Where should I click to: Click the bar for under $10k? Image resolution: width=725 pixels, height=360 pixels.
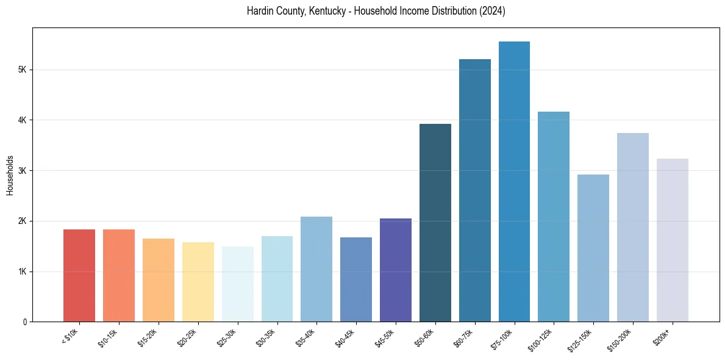pyautogui.click(x=79, y=276)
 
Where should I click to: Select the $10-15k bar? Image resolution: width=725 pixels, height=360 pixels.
pyautogui.click(x=119, y=276)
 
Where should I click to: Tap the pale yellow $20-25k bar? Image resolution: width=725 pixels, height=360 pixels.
pyautogui.click(x=198, y=282)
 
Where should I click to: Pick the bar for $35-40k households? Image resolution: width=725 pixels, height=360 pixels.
pyautogui.click(x=316, y=269)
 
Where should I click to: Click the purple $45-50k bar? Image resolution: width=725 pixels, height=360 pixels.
pyautogui.click(x=396, y=270)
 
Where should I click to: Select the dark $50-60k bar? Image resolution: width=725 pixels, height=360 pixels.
pyautogui.click(x=435, y=223)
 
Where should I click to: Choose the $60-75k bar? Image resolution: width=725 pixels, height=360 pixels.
pyautogui.click(x=475, y=190)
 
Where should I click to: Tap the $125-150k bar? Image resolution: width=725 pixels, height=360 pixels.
pyautogui.click(x=593, y=248)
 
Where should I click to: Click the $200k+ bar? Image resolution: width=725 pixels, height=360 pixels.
pyautogui.click(x=673, y=240)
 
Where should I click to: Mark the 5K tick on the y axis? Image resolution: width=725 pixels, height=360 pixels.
pyautogui.click(x=22, y=70)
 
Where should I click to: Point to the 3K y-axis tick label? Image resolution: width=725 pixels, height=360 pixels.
pyautogui.click(x=22, y=170)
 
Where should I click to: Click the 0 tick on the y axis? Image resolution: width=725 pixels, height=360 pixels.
pyautogui.click(x=24, y=322)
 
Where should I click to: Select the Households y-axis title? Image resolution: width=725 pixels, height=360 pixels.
pyautogui.click(x=10, y=175)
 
